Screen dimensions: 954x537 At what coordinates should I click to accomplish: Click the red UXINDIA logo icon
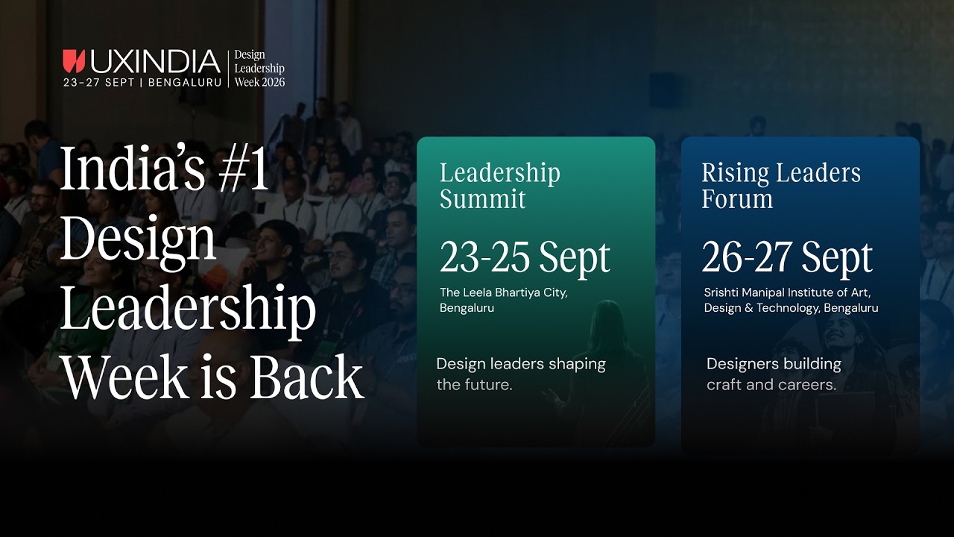[74, 61]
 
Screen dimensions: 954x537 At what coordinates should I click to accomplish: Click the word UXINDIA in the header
[155, 61]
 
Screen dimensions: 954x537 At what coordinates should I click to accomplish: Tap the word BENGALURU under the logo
[185, 83]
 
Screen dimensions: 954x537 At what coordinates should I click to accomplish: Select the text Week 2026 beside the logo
[259, 82]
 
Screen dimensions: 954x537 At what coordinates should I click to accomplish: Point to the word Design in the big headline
[138, 239]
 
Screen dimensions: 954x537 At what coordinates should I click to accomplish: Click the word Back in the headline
[306, 377]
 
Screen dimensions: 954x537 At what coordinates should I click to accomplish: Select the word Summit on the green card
[482, 199]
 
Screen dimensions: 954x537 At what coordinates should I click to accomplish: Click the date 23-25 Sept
[525, 257]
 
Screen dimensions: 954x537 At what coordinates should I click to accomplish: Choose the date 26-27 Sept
[787, 257]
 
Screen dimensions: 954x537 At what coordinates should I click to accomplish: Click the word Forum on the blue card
[737, 199]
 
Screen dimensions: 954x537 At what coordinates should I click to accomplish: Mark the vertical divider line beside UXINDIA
[228, 69]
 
